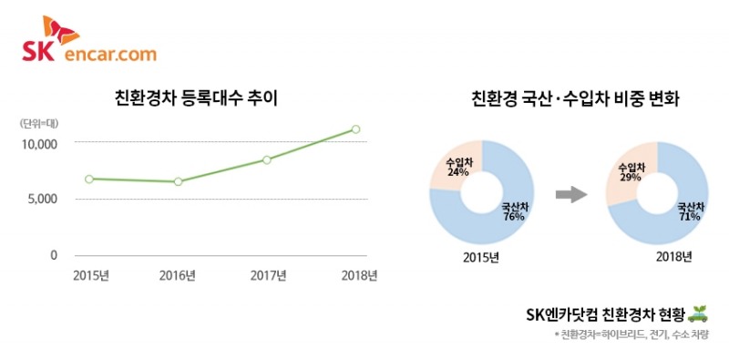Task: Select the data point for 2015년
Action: (x=88, y=179)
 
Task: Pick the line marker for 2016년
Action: (x=178, y=181)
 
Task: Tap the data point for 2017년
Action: (x=267, y=159)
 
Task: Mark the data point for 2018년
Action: (x=355, y=129)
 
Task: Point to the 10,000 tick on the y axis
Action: (x=40, y=143)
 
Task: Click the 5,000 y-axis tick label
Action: (x=43, y=199)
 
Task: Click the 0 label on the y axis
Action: (x=54, y=255)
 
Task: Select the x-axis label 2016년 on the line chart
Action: (x=178, y=275)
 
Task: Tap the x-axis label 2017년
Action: (x=267, y=275)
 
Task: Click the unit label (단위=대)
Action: (x=37, y=123)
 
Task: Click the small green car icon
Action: (x=700, y=313)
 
